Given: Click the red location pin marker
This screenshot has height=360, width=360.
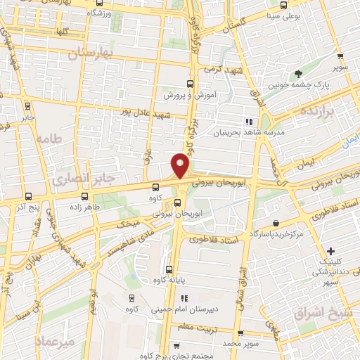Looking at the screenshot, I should [x=181, y=165].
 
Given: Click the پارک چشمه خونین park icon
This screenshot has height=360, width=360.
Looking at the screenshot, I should [x=299, y=73].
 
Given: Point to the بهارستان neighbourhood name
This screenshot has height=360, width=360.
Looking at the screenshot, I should [x=91, y=53].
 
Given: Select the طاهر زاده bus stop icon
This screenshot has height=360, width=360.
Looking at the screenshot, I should [x=86, y=197].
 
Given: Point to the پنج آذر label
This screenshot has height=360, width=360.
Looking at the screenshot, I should [x=27, y=208].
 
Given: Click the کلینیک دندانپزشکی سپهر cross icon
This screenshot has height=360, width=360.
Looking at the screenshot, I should [x=331, y=251].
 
